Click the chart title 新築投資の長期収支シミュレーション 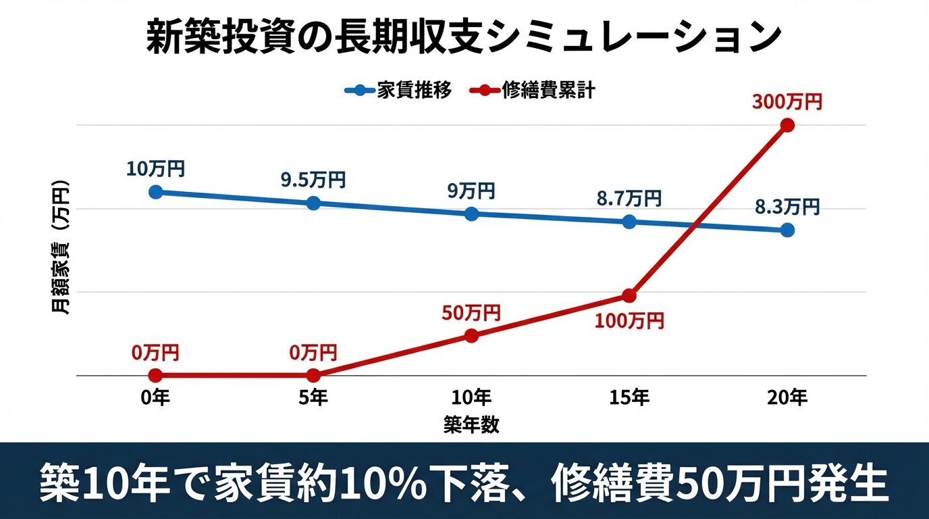(464, 37)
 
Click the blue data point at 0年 (155, 192)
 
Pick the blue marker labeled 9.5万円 (313, 203)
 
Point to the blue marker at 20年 (787, 230)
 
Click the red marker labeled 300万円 (787, 125)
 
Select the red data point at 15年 (629, 295)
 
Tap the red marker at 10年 (471, 336)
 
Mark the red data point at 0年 (155, 375)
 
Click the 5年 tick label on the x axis (313, 398)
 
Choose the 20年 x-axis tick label (787, 398)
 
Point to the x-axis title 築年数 (471, 424)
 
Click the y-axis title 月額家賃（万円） (61, 248)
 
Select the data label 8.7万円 (629, 199)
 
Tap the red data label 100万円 (629, 320)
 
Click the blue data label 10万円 (155, 168)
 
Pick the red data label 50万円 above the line (471, 313)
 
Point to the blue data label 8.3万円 (787, 207)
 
